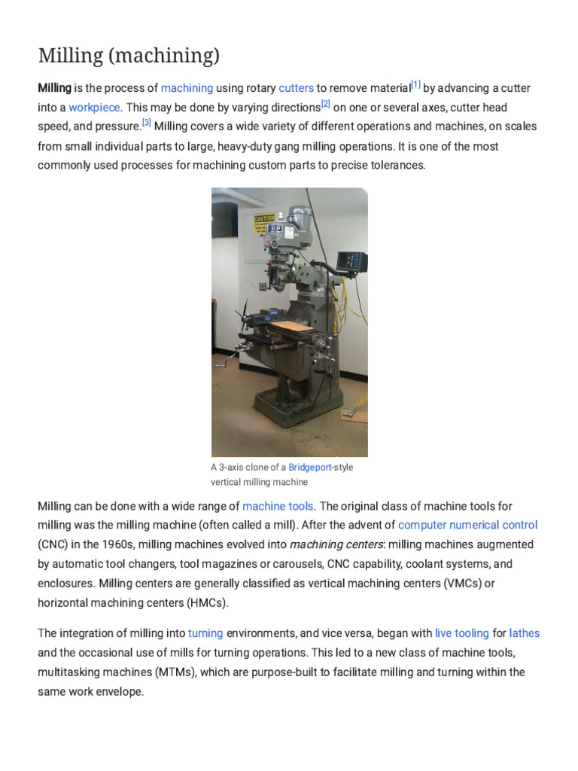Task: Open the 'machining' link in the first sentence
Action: pyautogui.click(x=187, y=88)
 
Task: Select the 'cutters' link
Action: pyautogui.click(x=296, y=88)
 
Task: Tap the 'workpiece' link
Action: pyautogui.click(x=94, y=107)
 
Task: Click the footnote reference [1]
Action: pyautogui.click(x=415, y=84)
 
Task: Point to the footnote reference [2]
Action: pyautogui.click(x=326, y=103)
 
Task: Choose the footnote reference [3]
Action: pyautogui.click(x=147, y=122)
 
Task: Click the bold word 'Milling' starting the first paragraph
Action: pyautogui.click(x=54, y=88)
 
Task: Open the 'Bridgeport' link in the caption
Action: pyautogui.click(x=310, y=468)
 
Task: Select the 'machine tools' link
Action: pyautogui.click(x=278, y=506)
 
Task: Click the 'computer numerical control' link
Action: pyautogui.click(x=467, y=525)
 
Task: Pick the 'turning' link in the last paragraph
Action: pyautogui.click(x=205, y=633)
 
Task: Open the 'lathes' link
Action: pyautogui.click(x=525, y=633)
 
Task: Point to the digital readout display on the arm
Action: pyautogui.click(x=351, y=261)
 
